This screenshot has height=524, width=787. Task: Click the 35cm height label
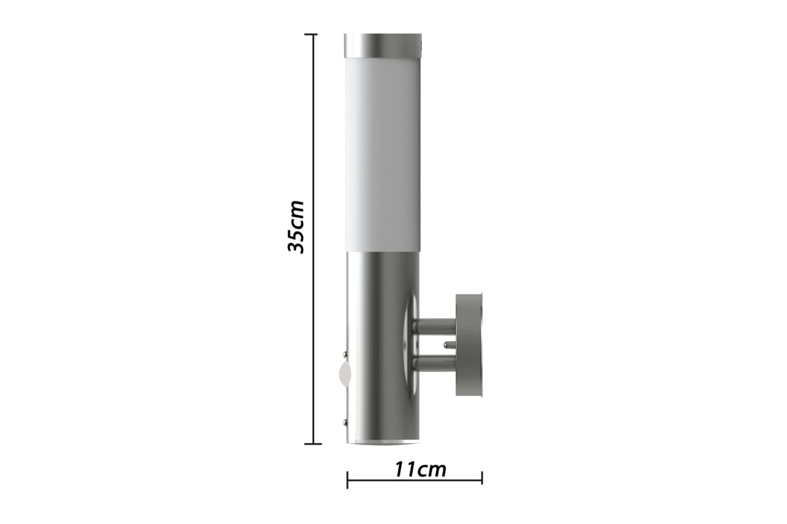(x=295, y=227)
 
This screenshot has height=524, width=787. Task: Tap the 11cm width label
(x=420, y=470)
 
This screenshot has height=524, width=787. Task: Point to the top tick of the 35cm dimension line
(x=311, y=35)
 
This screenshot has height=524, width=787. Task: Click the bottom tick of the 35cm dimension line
(x=313, y=444)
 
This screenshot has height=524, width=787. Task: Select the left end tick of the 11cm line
(x=347, y=480)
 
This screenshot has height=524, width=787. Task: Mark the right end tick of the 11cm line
(x=482, y=478)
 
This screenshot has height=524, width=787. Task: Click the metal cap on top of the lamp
(x=382, y=46)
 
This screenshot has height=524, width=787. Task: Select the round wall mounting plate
(x=469, y=345)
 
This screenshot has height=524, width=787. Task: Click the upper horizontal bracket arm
(x=434, y=326)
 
